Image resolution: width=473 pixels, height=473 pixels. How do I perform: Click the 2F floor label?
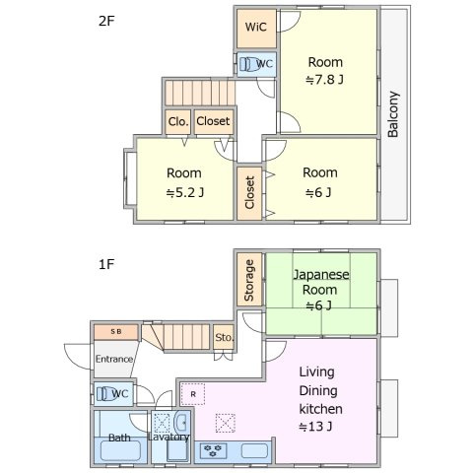point(106,21)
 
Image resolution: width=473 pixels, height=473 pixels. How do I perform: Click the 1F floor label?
point(106,264)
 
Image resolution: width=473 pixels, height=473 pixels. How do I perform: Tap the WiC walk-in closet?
point(256,29)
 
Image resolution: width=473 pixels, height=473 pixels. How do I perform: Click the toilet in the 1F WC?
point(104,393)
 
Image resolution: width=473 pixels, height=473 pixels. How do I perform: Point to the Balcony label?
point(393,114)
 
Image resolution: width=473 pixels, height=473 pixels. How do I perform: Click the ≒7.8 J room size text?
point(324,80)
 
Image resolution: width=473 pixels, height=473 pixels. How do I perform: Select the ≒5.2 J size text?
point(185,192)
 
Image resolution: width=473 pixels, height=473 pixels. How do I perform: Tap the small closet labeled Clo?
point(178,121)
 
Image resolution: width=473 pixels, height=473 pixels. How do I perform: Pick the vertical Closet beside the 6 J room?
point(249,193)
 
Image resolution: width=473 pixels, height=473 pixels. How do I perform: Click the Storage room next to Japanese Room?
point(249,280)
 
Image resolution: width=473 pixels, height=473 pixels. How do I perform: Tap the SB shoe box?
point(116,332)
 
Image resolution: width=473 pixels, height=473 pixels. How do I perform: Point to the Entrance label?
point(114,359)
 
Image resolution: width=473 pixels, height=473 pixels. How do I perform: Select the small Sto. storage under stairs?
point(224,337)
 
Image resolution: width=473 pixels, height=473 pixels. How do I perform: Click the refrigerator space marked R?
point(193,394)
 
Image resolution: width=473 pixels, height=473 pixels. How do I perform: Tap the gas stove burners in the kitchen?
point(214,450)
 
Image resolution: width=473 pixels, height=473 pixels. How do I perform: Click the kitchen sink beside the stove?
point(254,450)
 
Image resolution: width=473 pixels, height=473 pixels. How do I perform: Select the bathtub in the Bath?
point(120,450)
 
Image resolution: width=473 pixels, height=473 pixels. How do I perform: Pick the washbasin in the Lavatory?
point(181,423)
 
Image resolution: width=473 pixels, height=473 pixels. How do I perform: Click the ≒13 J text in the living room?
point(315,427)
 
